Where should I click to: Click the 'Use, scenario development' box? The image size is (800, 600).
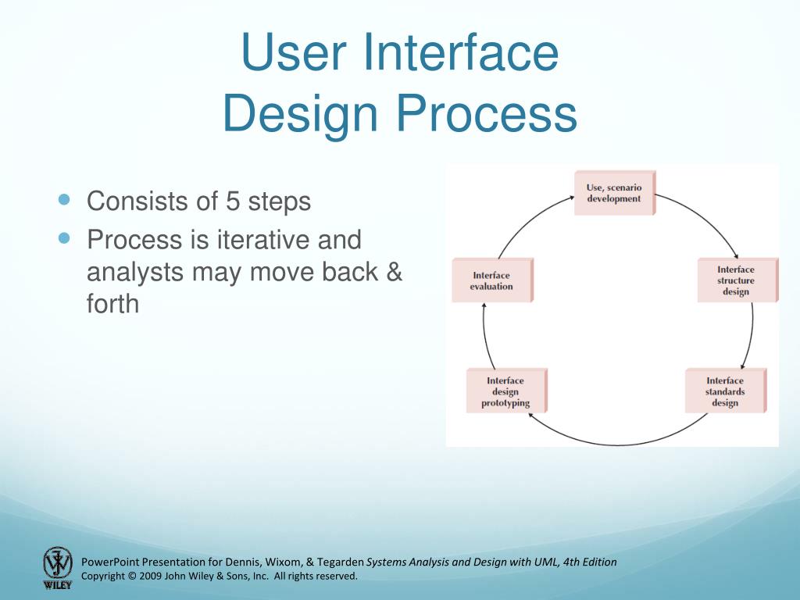pos(613,193)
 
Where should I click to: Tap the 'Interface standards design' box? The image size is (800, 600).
pos(724,391)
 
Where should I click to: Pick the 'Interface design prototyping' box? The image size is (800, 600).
pos(505,391)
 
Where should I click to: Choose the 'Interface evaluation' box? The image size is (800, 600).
pos(491,280)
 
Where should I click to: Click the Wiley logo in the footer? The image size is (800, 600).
pos(57,567)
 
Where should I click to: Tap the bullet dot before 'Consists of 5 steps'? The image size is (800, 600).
pos(65,200)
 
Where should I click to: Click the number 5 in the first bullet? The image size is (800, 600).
pos(233,202)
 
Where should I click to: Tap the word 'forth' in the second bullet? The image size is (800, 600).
pos(112,303)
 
